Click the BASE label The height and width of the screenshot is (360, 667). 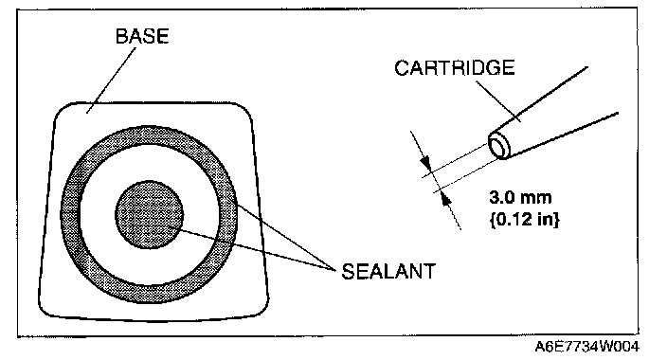pyautogui.click(x=142, y=36)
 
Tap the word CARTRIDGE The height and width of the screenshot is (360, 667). pyautogui.click(x=455, y=68)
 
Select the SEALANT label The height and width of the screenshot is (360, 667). pyautogui.click(x=388, y=272)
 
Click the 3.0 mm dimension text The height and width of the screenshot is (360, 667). pyautogui.click(x=520, y=197)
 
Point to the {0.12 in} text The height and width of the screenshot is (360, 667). pyautogui.click(x=525, y=220)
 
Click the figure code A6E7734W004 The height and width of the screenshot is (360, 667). pyautogui.click(x=587, y=347)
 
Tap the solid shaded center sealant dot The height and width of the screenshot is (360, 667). pyautogui.click(x=150, y=214)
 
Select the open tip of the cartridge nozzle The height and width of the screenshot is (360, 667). pyautogui.click(x=499, y=146)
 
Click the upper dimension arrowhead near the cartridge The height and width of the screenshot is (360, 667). pyautogui.click(x=426, y=164)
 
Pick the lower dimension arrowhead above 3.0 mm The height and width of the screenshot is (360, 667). pyautogui.click(x=445, y=197)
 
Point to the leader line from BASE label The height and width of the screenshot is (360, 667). pyautogui.click(x=112, y=81)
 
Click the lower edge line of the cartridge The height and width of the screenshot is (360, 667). pyautogui.click(x=563, y=135)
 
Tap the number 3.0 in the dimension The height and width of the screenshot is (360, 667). pyautogui.click(x=500, y=197)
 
